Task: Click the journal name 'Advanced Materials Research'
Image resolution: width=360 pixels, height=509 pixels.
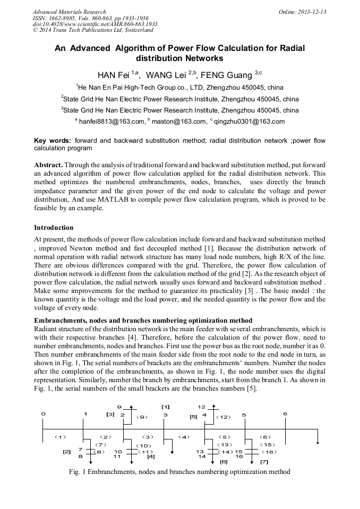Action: (x=69, y=12)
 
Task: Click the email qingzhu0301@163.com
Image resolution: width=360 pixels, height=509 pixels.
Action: (x=249, y=122)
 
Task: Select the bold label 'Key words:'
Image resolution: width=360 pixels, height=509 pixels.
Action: (x=53, y=141)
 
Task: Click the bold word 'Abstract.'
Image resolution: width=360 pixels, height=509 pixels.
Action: (x=49, y=165)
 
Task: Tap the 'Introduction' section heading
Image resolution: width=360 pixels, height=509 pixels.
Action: (x=54, y=228)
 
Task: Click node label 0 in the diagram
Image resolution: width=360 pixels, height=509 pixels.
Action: (x=43, y=414)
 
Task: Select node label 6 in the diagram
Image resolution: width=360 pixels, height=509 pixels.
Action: (x=285, y=414)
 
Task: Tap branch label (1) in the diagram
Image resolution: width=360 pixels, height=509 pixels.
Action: (x=60, y=437)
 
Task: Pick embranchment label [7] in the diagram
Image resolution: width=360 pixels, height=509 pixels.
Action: (x=264, y=462)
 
